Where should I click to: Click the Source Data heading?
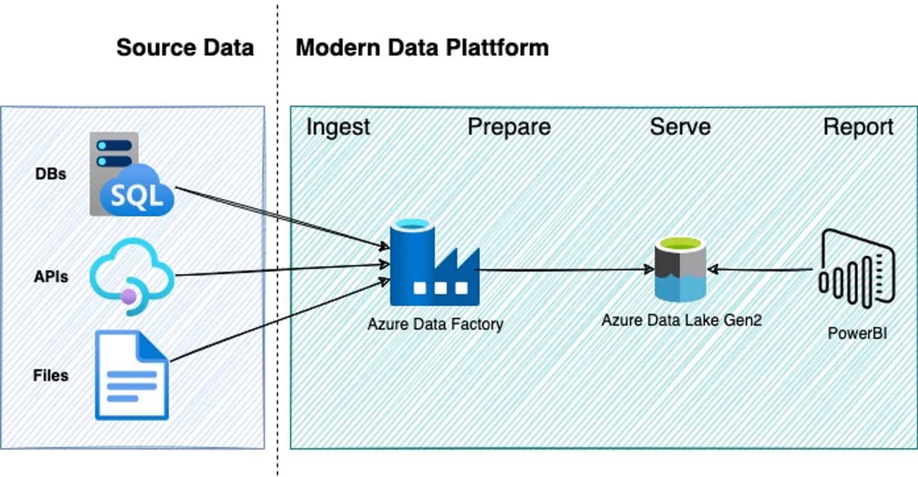(185, 48)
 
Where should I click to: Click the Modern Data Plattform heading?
(422, 48)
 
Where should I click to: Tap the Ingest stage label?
(338, 127)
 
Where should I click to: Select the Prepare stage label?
(509, 127)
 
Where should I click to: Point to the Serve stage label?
(680, 127)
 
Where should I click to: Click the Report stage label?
(858, 127)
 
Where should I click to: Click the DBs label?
(51, 174)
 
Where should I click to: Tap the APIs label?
(51, 277)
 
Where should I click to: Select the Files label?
(51, 375)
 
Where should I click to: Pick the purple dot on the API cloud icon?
(129, 297)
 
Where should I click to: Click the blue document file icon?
(132, 375)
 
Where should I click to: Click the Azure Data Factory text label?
(435, 324)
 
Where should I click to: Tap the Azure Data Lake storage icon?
(680, 270)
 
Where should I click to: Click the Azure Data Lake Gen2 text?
(681, 320)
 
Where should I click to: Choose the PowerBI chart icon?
(857, 270)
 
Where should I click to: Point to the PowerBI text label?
(857, 333)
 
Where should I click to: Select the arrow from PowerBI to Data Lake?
(761, 270)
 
